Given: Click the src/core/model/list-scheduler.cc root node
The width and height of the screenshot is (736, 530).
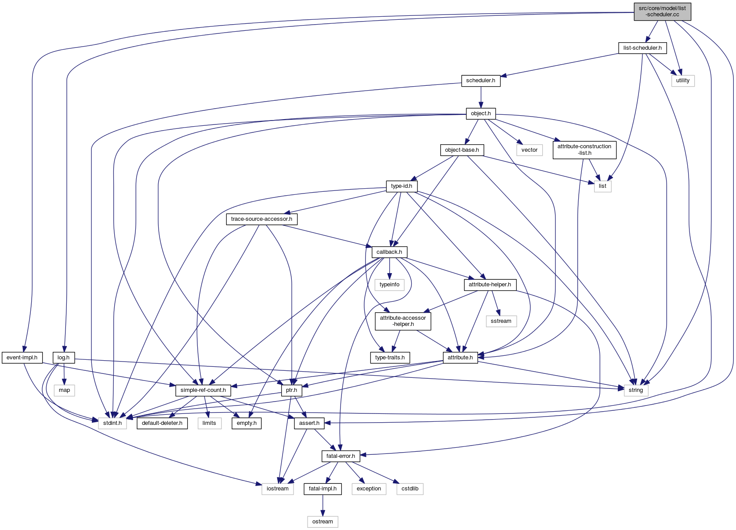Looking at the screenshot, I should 662,11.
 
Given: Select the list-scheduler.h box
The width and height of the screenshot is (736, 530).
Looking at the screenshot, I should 642,48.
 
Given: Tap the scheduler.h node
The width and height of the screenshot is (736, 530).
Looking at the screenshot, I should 481,80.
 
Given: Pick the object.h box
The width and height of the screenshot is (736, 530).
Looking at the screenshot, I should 481,113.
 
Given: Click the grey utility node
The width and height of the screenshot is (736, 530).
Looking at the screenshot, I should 683,80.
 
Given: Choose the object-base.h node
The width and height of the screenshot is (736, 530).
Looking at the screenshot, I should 462,150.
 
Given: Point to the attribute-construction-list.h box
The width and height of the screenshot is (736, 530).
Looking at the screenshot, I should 584,150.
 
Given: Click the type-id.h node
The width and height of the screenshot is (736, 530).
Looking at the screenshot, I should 402,186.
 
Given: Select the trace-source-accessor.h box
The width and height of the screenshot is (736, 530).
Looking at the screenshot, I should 261,219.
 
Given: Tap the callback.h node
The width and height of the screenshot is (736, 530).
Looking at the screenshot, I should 389,252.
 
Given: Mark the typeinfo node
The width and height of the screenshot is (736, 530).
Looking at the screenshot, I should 389,285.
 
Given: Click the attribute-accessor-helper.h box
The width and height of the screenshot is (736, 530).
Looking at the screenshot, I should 403,321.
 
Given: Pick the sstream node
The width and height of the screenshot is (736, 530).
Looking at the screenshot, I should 501,321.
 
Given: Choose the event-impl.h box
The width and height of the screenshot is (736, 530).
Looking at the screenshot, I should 22,358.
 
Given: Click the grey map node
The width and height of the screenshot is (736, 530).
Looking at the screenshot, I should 65,390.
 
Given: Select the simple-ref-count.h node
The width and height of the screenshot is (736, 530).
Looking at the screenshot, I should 203,390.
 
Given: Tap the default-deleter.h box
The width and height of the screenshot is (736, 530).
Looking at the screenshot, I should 162,423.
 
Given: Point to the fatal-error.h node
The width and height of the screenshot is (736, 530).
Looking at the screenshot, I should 341,456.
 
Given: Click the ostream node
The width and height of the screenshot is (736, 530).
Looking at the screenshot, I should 323,522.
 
